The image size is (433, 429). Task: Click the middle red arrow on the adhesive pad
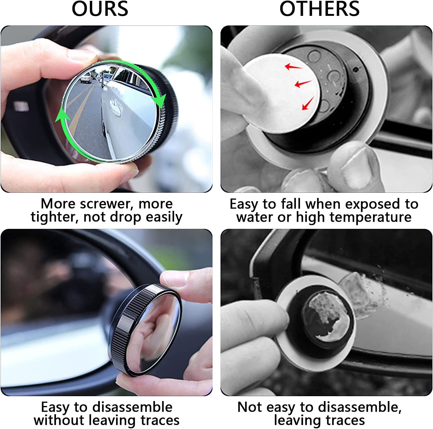[302, 84]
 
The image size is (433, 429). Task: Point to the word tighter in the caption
[55, 217]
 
